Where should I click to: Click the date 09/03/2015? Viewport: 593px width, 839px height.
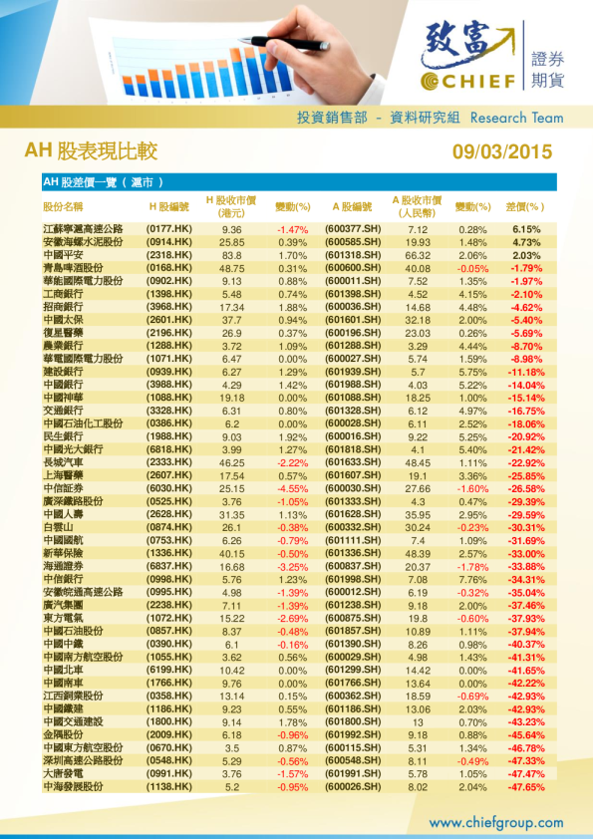[x=501, y=152]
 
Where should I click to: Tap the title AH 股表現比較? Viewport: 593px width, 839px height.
[x=91, y=151]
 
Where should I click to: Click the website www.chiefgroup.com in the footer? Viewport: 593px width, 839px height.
[x=495, y=822]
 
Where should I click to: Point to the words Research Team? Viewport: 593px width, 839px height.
[x=516, y=118]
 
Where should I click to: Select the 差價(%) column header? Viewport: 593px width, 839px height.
[x=525, y=206]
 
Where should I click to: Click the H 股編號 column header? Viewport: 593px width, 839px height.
[x=168, y=206]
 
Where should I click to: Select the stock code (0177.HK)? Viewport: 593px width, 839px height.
[x=168, y=229]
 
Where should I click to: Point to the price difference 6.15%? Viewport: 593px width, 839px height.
[x=526, y=229]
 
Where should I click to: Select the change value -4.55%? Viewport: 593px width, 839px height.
[x=292, y=488]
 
